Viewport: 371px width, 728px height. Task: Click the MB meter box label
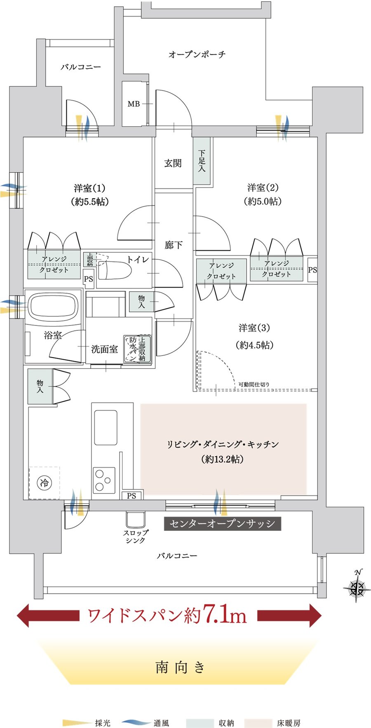(134, 104)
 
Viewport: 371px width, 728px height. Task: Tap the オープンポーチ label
(197, 54)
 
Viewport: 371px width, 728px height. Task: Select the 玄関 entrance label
(173, 163)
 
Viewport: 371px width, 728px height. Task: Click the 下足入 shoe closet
(202, 161)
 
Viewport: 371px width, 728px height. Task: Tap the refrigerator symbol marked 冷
(45, 482)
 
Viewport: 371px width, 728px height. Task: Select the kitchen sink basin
(106, 428)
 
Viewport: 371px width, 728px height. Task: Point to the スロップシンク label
(135, 536)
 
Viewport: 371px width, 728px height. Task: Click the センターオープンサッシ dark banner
(222, 523)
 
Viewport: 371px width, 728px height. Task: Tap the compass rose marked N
(356, 586)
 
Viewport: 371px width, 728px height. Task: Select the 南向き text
(180, 667)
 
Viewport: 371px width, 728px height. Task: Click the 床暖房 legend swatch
(258, 723)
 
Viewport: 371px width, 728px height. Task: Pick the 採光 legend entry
(87, 723)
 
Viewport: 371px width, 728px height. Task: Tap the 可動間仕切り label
(254, 384)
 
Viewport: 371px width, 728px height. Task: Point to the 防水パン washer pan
(131, 349)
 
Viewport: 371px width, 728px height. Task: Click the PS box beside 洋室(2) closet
(312, 270)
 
